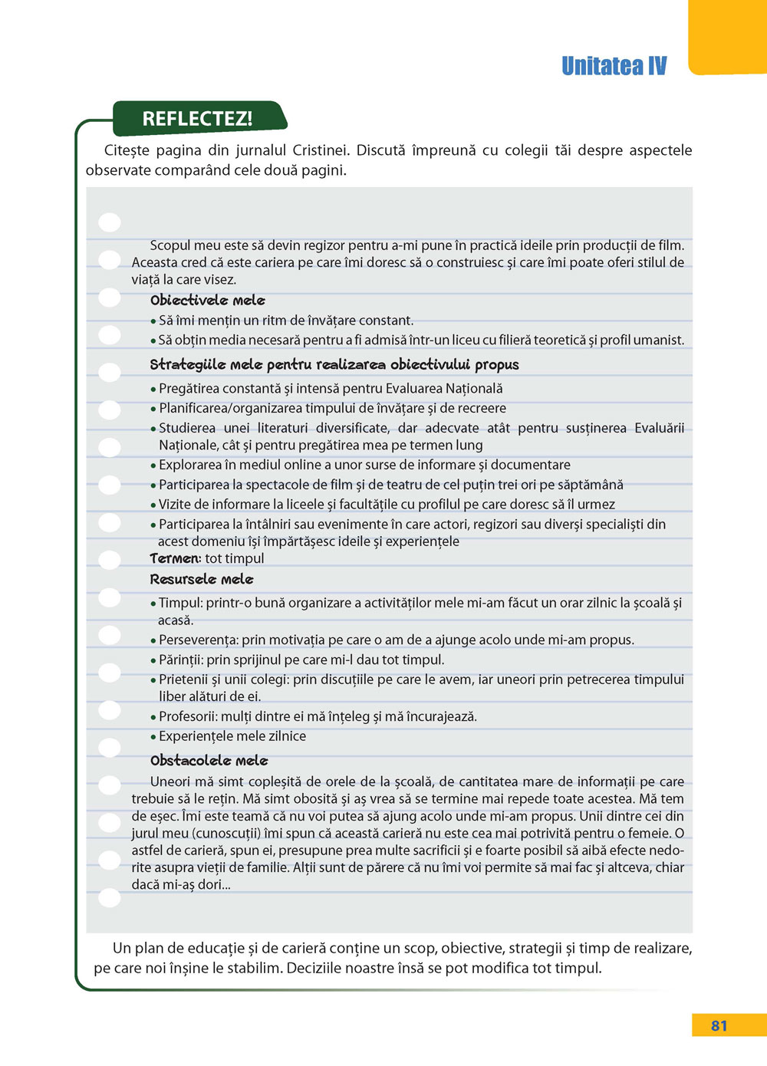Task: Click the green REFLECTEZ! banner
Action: pos(198,119)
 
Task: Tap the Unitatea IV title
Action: pos(614,66)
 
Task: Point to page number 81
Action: pos(719,1025)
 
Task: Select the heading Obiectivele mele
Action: pos(207,301)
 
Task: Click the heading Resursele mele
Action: pos(201,579)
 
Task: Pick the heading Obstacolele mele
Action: pos(209,761)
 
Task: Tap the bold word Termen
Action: pos(175,559)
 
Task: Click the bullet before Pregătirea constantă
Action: pos(153,390)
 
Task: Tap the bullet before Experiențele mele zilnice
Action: pos(153,737)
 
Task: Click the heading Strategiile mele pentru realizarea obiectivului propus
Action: pos(334,365)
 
